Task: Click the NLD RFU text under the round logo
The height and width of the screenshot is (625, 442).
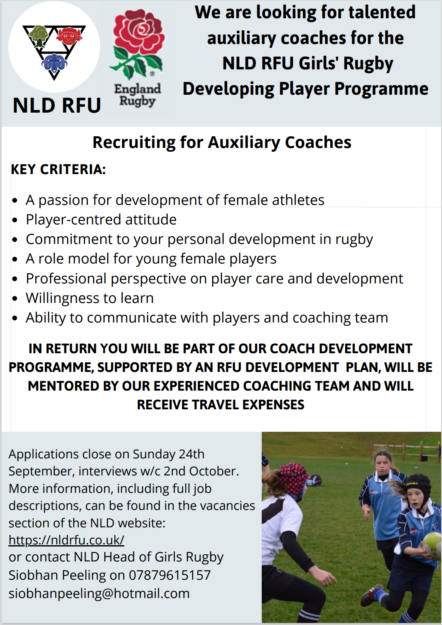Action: [x=57, y=106]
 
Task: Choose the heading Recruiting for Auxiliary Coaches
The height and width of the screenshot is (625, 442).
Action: [x=222, y=143]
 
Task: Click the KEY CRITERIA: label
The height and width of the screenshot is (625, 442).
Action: [x=58, y=170]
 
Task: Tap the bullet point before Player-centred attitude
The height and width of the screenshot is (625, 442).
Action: [x=15, y=220]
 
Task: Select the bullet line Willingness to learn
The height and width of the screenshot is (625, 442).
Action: [x=89, y=298]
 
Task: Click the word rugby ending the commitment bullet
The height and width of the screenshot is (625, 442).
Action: [x=354, y=240]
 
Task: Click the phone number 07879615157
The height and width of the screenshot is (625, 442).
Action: [x=169, y=575]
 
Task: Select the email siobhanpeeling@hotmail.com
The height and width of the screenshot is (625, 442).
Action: [x=99, y=593]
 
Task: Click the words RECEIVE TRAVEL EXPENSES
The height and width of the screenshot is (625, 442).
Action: [x=221, y=405]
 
